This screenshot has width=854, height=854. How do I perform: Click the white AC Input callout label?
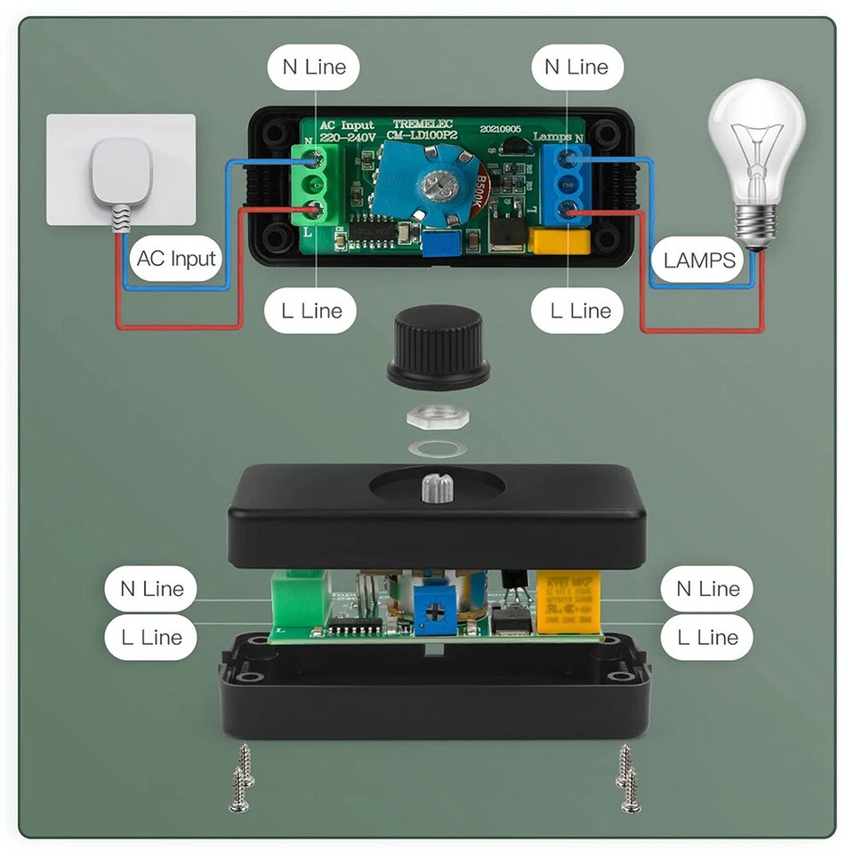tap(176, 259)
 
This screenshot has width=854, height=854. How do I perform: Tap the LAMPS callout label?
tap(700, 260)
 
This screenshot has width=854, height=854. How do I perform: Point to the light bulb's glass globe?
tap(755, 142)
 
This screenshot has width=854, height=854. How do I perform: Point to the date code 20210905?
tap(501, 128)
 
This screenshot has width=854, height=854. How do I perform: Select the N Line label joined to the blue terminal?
tap(576, 67)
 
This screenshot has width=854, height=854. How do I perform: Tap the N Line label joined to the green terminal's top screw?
tap(313, 67)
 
